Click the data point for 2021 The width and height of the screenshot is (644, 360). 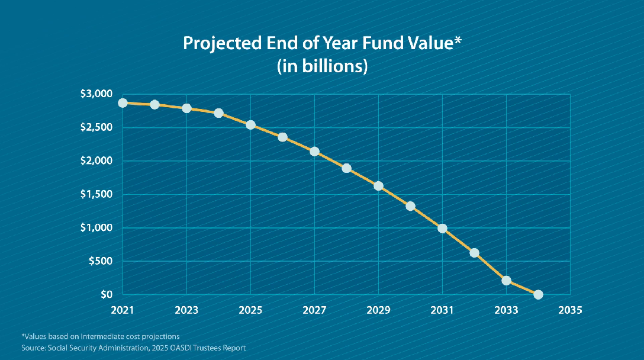(x=123, y=102)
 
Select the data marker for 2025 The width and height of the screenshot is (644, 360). (x=250, y=125)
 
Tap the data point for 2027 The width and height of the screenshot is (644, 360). (x=314, y=152)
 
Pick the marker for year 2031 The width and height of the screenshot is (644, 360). (x=442, y=228)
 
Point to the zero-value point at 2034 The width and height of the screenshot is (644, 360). (x=538, y=294)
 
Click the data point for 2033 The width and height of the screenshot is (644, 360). (x=506, y=280)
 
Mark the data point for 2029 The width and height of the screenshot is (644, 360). (x=378, y=186)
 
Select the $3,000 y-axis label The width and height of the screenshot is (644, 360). (x=96, y=94)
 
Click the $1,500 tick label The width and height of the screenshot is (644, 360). (x=96, y=194)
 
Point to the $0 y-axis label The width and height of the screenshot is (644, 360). (x=107, y=294)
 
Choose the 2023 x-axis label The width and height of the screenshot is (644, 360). (x=186, y=310)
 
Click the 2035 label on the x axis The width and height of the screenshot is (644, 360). (x=570, y=310)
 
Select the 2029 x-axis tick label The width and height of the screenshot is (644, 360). (x=378, y=310)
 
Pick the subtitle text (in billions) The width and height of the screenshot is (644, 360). (x=322, y=66)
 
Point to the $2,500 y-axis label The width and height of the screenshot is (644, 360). (x=96, y=127)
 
